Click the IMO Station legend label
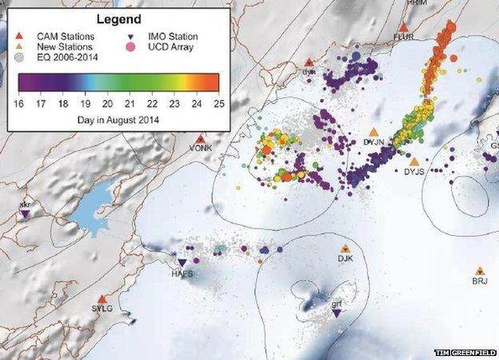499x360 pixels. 174,36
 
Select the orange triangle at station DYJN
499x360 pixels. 373,133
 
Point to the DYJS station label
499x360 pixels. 414,171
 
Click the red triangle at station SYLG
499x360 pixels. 102,298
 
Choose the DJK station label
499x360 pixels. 345,258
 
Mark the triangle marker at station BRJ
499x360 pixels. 479,271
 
